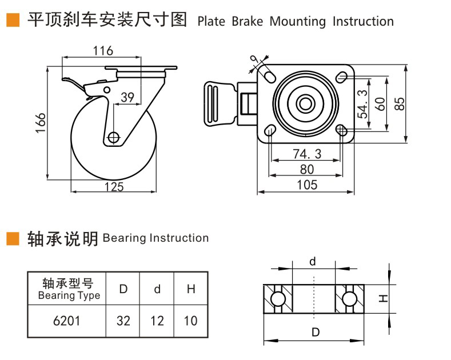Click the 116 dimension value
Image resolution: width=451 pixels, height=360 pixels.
pos(103,50)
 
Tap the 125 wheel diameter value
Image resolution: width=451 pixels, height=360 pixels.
pos(114,186)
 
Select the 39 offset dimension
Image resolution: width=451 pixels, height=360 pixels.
pos(127,98)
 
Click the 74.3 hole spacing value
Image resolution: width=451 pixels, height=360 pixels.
pos(307,153)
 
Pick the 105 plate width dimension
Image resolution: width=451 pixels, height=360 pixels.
pos(307,185)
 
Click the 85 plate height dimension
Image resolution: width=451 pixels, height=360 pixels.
pos(400,103)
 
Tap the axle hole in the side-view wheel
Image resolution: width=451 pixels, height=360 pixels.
pos(113,137)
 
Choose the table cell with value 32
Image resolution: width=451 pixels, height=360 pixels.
pos(123,321)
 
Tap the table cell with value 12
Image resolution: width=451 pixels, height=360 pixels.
pos(157,321)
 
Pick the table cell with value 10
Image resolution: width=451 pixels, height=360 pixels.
pos(191,321)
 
